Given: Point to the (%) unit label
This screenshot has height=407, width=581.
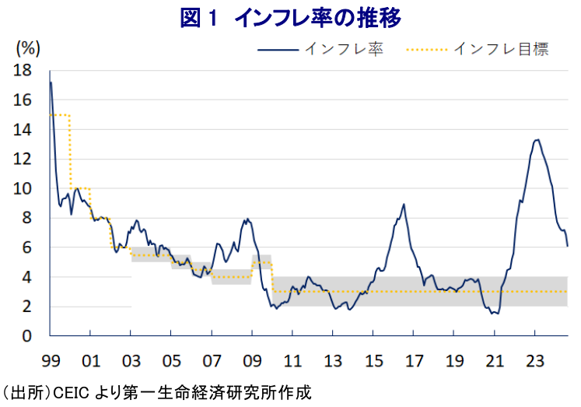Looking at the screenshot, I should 28,48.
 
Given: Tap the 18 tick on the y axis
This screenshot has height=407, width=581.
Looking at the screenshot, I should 23,71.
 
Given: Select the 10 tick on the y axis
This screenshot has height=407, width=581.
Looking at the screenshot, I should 23,188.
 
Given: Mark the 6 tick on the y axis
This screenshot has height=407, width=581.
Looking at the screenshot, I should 26,247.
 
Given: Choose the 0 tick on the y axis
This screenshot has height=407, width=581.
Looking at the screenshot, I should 26,336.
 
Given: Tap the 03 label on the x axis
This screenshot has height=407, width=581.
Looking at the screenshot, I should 131,361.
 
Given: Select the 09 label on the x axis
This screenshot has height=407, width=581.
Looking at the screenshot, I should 252,361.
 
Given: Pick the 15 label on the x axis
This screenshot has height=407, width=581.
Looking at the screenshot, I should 373,361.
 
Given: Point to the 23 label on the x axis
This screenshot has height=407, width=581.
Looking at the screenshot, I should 535,361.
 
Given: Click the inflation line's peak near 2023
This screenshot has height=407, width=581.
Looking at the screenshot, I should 537,140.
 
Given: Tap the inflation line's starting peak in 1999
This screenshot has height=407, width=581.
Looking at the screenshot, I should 51,82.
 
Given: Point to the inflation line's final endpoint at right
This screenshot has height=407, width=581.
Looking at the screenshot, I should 568,246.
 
